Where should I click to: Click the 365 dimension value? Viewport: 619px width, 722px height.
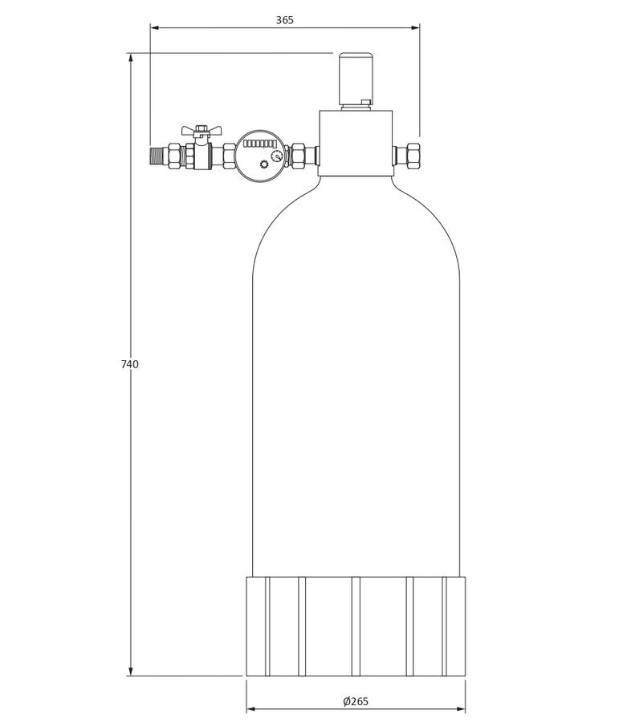tap(284, 20)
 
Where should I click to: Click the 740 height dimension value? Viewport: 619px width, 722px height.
tap(129, 364)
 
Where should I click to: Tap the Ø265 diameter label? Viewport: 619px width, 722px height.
tap(356, 701)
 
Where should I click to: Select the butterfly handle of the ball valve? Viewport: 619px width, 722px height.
tap(202, 130)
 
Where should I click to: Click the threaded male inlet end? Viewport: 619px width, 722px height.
tap(158, 156)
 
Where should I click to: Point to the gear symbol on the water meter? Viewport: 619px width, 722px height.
tap(263, 164)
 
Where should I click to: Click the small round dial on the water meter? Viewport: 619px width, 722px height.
tap(276, 156)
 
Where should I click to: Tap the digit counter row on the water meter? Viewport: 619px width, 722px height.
tap(259, 144)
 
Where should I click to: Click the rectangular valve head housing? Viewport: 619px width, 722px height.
tap(356, 143)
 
